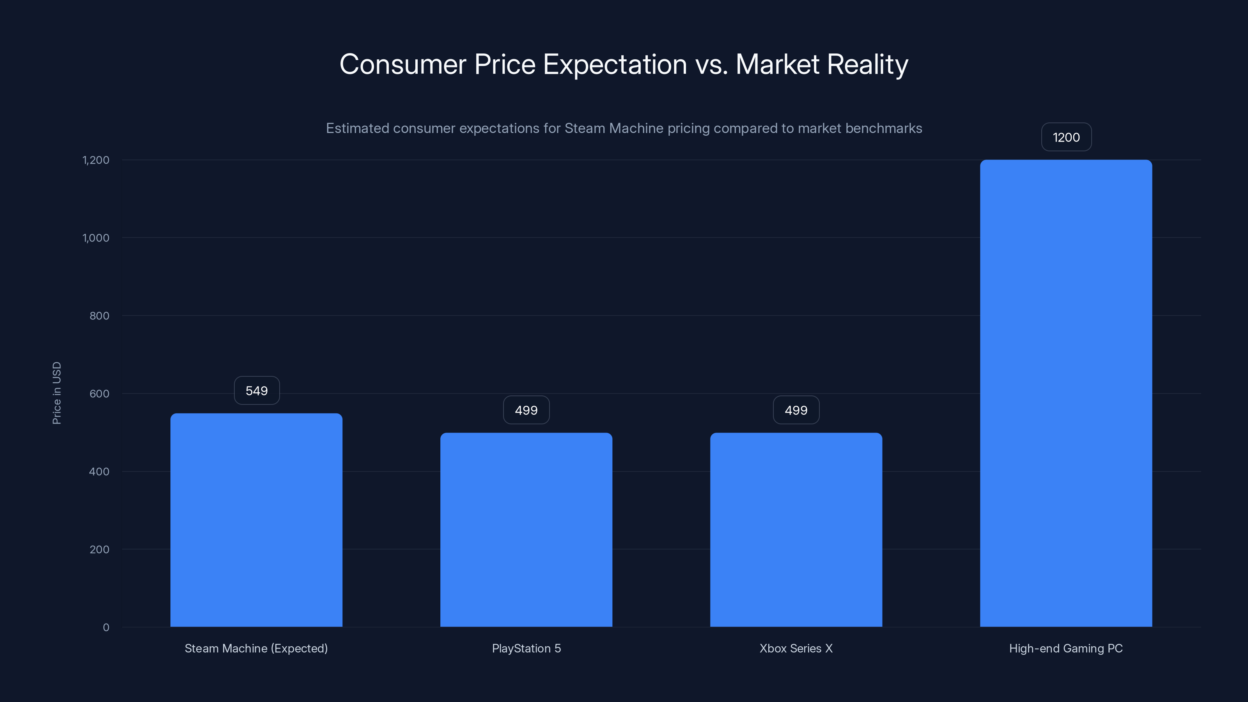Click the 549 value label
click(257, 390)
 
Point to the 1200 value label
click(1066, 137)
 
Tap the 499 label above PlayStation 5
click(526, 410)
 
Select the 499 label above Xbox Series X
click(796, 410)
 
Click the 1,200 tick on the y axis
click(96, 160)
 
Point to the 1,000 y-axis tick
click(96, 238)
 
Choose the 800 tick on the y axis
click(99, 316)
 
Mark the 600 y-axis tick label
click(99, 394)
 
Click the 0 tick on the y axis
click(106, 628)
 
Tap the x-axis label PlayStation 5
click(526, 648)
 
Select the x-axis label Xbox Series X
click(796, 648)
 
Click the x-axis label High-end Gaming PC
click(1066, 648)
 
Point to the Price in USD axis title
click(57, 393)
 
